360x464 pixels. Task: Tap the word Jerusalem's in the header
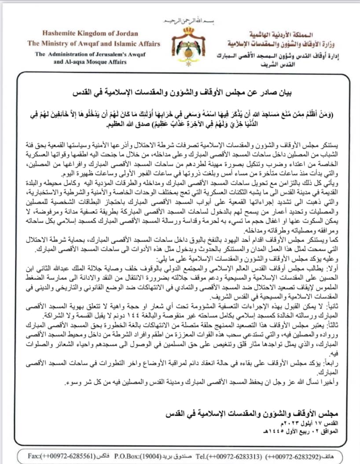pos(115,55)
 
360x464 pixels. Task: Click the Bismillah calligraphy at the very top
pos(180,21)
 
